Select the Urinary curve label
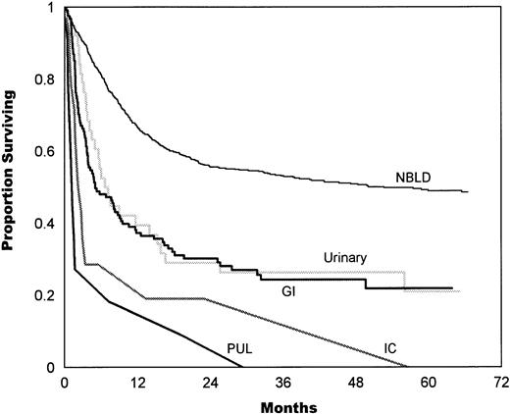[x=346, y=257]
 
